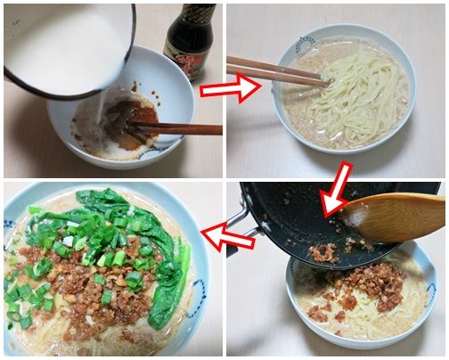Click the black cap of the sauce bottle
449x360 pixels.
(x=190, y=12)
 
